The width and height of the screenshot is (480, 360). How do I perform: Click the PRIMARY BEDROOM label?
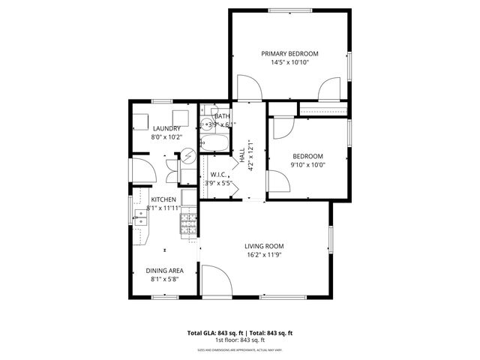click(289, 53)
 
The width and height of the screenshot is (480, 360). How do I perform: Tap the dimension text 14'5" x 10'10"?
click(289, 62)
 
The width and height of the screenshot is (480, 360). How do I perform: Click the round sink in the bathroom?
click(205, 124)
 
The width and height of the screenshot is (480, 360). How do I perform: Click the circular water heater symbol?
click(190, 156)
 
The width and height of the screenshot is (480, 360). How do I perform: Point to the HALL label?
click(242, 156)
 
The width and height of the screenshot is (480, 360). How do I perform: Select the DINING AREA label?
click(164, 271)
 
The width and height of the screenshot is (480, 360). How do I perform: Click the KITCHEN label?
click(163, 199)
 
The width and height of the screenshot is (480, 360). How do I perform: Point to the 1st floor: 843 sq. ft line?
click(239, 340)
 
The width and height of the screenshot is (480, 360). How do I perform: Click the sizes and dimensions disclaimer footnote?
click(239, 349)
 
